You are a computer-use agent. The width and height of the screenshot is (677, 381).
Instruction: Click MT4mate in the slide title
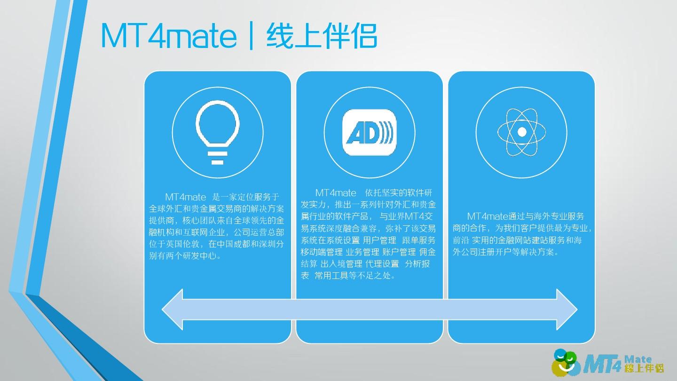click(x=169, y=36)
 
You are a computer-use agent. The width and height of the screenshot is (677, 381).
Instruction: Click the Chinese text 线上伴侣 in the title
click(x=322, y=36)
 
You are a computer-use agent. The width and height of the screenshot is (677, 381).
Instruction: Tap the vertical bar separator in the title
click(x=251, y=36)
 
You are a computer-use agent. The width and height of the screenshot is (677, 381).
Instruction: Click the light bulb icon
click(x=218, y=133)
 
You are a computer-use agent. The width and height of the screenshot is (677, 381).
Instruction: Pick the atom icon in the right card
click(x=522, y=132)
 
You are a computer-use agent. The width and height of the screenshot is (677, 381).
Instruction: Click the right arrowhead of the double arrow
click(x=567, y=310)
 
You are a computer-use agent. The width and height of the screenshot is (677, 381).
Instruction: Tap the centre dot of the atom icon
click(x=522, y=132)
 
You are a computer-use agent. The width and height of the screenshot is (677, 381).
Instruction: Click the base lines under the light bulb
click(x=217, y=158)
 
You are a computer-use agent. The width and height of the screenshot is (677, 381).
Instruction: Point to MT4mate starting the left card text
click(x=186, y=197)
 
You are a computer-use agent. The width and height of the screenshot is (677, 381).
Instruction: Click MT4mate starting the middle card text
click(x=336, y=193)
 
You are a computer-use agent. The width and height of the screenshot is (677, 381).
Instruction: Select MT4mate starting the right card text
click(x=488, y=216)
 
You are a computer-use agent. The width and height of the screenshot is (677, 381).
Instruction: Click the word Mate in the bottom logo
click(x=638, y=359)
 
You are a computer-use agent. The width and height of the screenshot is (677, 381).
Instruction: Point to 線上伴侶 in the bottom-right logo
click(x=644, y=368)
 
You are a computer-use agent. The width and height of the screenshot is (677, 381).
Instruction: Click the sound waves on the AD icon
click(x=386, y=133)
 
